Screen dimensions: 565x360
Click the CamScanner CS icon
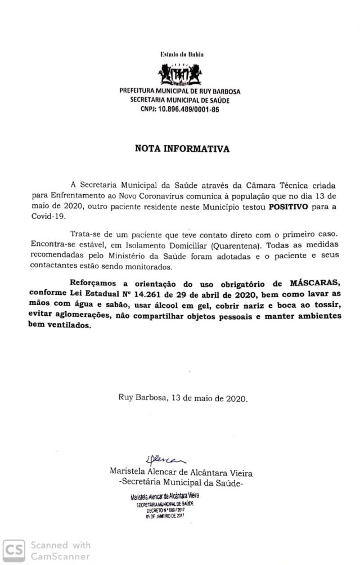(x=14, y=550)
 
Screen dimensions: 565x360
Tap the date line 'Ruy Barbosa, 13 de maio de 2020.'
(x=183, y=397)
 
